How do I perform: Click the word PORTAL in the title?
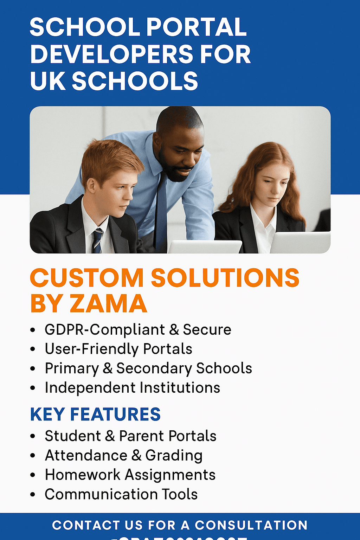(196, 27)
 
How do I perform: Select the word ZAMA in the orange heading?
(108, 303)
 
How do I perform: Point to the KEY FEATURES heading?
(95, 414)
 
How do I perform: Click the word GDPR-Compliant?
(105, 330)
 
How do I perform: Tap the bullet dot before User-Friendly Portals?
(33, 349)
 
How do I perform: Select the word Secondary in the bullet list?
(154, 368)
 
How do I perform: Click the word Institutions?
(180, 388)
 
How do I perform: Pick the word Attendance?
(86, 456)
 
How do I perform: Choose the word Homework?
(83, 475)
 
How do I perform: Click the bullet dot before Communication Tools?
(33, 495)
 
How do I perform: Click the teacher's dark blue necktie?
(161, 211)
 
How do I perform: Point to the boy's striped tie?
(97, 240)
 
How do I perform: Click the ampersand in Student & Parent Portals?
(110, 436)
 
